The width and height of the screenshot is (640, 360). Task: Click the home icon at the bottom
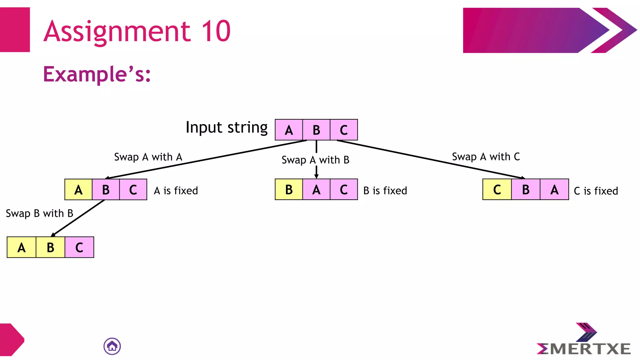tap(112, 346)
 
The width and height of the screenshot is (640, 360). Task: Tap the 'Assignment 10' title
tap(137, 31)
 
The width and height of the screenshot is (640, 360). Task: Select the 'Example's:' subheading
tap(97, 74)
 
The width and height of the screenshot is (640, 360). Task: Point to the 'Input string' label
tap(227, 127)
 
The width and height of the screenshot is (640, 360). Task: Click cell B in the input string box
tap(316, 130)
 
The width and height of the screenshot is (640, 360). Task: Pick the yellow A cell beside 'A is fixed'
tap(78, 190)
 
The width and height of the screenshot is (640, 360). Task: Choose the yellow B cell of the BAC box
tap(289, 190)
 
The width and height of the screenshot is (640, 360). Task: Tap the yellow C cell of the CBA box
tap(497, 190)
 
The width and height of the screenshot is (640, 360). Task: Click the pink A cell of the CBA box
tap(554, 190)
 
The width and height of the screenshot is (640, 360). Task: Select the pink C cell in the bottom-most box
tap(79, 247)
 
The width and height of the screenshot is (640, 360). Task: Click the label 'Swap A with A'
tap(148, 157)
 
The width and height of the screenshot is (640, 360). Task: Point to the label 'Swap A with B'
tap(315, 160)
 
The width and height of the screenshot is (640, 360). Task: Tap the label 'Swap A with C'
tap(486, 157)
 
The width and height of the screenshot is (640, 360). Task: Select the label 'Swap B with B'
tap(39, 213)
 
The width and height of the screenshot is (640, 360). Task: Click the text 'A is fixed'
tap(176, 191)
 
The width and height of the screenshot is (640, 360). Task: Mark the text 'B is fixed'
tap(385, 191)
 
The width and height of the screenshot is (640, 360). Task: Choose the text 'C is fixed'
tap(596, 191)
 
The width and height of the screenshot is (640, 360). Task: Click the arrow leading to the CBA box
tap(431, 159)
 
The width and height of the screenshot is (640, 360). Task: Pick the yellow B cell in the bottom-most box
tap(50, 247)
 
